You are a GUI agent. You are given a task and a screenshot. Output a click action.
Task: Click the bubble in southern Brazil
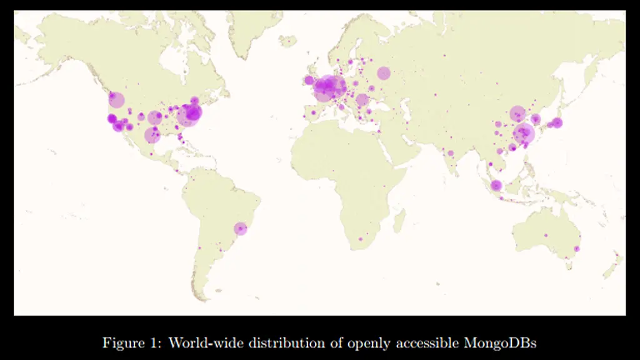(x=241, y=229)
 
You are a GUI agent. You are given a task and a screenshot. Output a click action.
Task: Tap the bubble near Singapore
(x=496, y=186)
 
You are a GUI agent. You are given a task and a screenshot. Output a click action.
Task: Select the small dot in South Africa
(x=360, y=239)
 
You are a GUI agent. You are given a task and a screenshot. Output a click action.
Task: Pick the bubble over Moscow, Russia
(x=383, y=73)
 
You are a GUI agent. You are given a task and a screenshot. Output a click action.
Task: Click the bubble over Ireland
(x=309, y=80)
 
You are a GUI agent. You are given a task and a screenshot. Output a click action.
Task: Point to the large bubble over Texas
(x=152, y=135)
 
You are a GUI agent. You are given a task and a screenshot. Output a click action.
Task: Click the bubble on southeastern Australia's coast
(x=577, y=249)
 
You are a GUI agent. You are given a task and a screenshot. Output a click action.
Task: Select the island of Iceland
(x=288, y=41)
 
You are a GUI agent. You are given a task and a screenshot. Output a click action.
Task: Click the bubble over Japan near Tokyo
(x=557, y=122)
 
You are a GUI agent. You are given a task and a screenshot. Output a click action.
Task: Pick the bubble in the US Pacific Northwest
(x=116, y=99)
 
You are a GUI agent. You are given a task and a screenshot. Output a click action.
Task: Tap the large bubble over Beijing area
(x=517, y=113)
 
